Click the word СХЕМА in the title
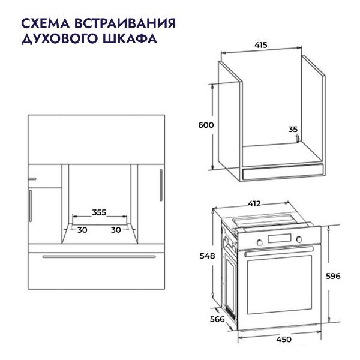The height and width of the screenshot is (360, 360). (x=46, y=24)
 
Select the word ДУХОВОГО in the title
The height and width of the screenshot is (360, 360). (x=57, y=39)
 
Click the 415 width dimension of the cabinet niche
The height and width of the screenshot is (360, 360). (x=260, y=45)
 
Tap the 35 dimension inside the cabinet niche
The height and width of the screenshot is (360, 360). (x=293, y=129)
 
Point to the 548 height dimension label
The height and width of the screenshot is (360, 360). (x=207, y=256)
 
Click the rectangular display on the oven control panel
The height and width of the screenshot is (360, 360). (x=280, y=241)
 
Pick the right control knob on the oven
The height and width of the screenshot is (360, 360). (x=298, y=241)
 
